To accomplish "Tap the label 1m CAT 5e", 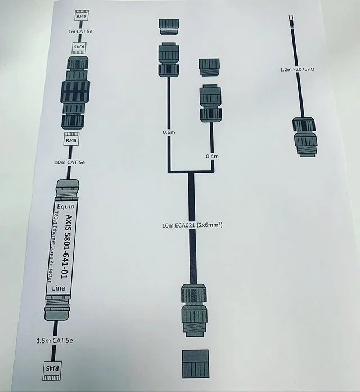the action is (80, 32).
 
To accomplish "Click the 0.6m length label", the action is (168, 132).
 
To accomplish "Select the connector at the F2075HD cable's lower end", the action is (304, 136).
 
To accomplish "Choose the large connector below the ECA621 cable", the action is (195, 311).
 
